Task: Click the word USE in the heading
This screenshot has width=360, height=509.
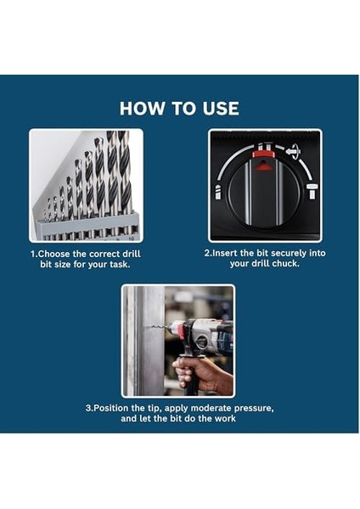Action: [221, 108]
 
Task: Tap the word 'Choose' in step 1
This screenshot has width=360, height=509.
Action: [54, 254]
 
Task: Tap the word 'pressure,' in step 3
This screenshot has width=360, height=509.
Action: [254, 408]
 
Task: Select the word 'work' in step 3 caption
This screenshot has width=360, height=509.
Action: [225, 418]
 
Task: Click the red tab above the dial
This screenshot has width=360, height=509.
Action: [264, 154]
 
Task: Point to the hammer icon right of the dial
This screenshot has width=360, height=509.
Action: [312, 191]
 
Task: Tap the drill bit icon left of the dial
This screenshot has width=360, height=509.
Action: [217, 192]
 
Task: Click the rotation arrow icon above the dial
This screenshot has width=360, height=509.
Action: [294, 151]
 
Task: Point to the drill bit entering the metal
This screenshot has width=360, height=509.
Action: [160, 327]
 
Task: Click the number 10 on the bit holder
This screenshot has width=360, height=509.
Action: [132, 238]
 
